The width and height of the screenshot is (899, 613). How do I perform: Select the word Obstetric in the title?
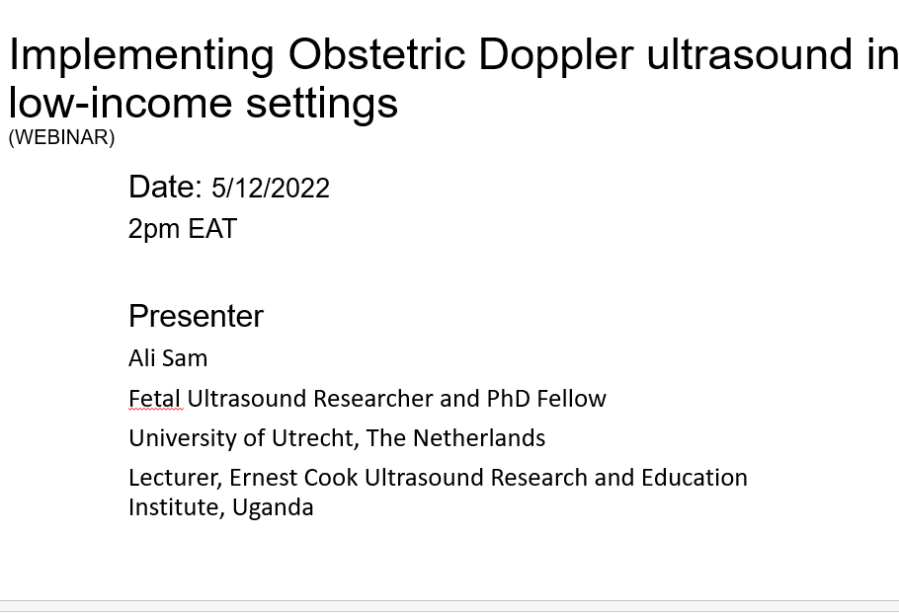click(x=376, y=54)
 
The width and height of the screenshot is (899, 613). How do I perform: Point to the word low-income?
click(x=121, y=102)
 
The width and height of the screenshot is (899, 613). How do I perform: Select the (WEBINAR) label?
click(x=62, y=137)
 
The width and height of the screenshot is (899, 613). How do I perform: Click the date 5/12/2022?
click(x=271, y=188)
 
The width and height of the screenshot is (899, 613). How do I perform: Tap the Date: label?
click(x=165, y=187)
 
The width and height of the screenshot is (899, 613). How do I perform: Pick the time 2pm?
click(x=154, y=229)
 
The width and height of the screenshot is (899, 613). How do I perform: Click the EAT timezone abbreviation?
click(x=212, y=228)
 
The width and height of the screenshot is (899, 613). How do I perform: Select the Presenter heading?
click(x=196, y=316)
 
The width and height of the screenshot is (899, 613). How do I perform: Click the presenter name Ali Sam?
click(x=168, y=358)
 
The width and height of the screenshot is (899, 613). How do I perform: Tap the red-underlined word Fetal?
click(x=155, y=399)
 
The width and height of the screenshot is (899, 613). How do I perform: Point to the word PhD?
click(x=509, y=399)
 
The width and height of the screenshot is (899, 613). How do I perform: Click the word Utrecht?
click(x=315, y=438)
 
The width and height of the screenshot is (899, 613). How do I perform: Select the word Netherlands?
click(x=479, y=438)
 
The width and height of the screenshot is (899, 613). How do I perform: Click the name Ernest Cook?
click(x=293, y=478)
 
